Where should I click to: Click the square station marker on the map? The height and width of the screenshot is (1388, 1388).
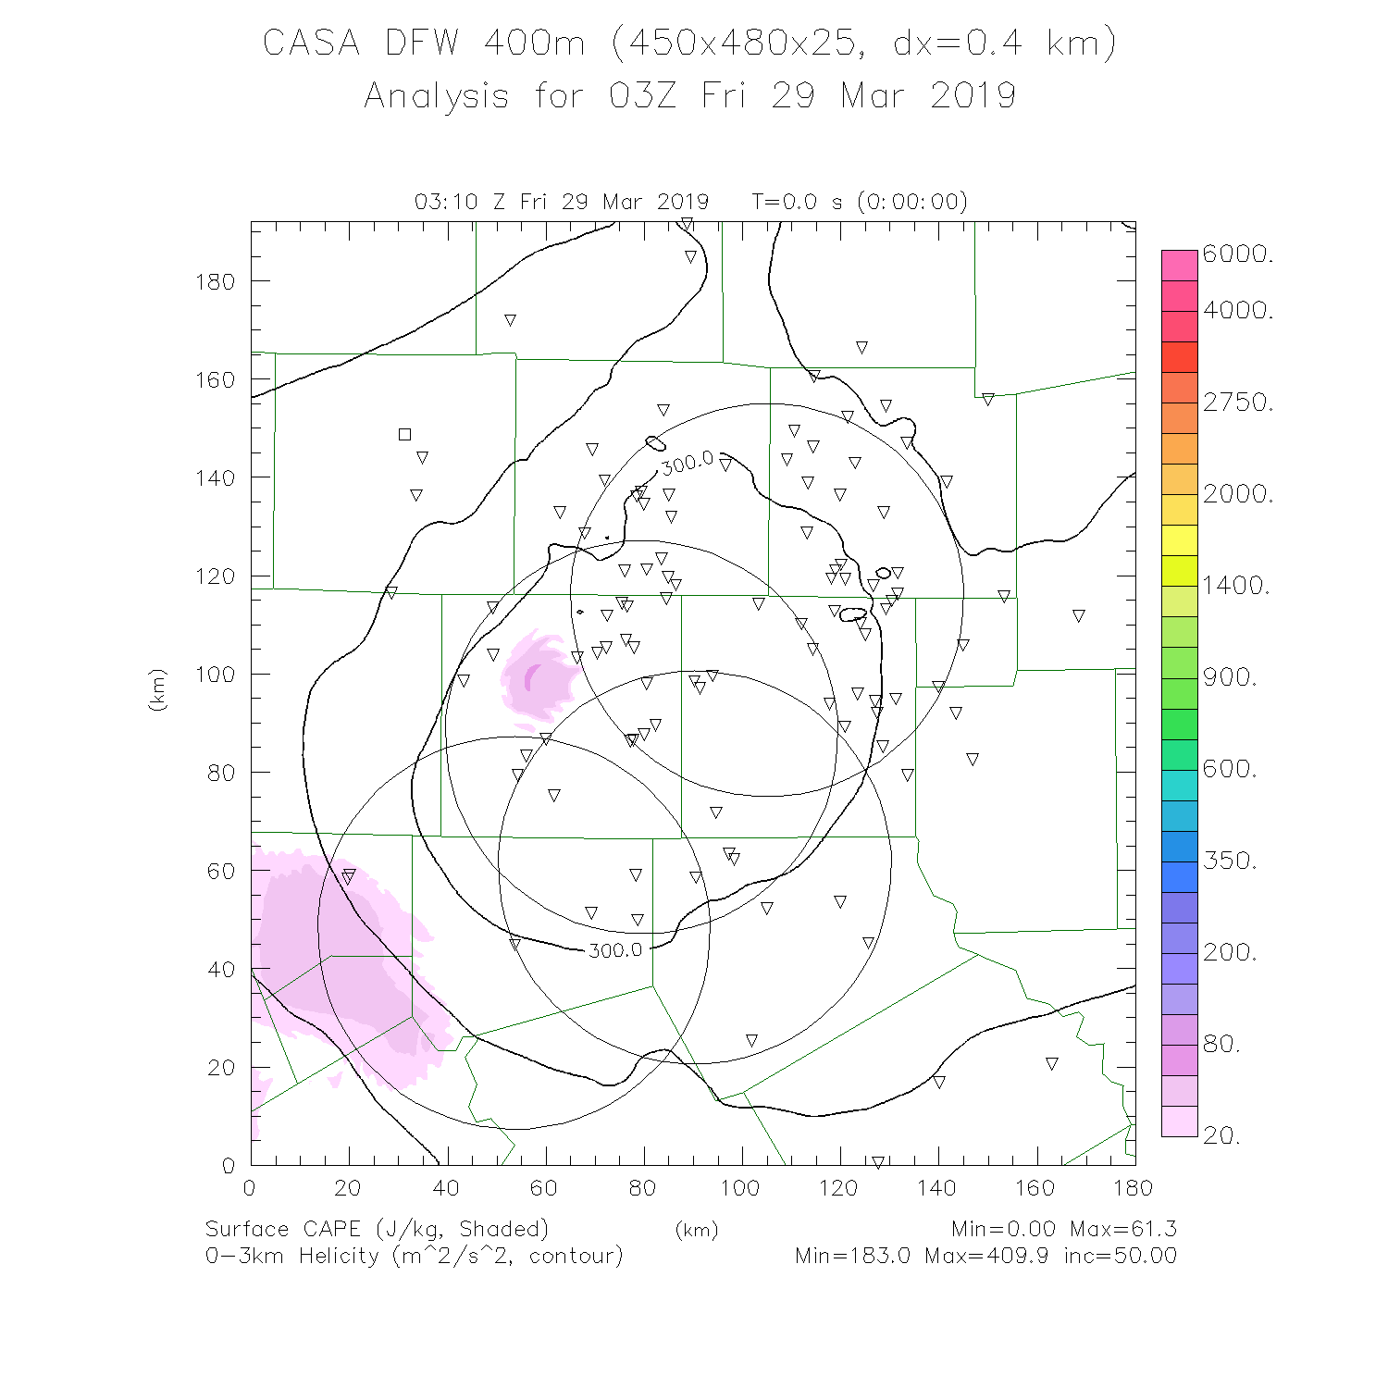[x=404, y=434]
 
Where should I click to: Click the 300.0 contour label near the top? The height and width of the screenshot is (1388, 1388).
[x=687, y=463]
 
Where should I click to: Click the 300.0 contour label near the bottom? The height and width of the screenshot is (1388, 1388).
[x=615, y=950]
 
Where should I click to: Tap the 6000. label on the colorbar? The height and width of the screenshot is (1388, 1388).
[x=1238, y=254]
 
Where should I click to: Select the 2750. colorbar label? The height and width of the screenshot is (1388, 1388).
[x=1238, y=403]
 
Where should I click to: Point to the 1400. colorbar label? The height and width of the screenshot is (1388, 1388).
[x=1236, y=585]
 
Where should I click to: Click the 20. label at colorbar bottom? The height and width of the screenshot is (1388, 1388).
[x=1221, y=1135]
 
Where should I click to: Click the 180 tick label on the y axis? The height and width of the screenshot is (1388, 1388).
[x=215, y=281]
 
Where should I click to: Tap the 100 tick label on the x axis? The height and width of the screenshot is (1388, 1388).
[x=740, y=1188]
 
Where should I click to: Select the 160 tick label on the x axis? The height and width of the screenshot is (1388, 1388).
[x=1035, y=1188]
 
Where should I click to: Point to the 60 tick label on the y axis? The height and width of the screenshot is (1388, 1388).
[x=221, y=871]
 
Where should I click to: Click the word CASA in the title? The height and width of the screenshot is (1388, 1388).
[x=311, y=43]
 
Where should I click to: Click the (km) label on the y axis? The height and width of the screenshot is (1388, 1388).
[x=157, y=689]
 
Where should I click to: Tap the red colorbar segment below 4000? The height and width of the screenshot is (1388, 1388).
[x=1180, y=356]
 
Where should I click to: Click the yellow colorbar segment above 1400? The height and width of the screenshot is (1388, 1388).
[x=1180, y=539]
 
